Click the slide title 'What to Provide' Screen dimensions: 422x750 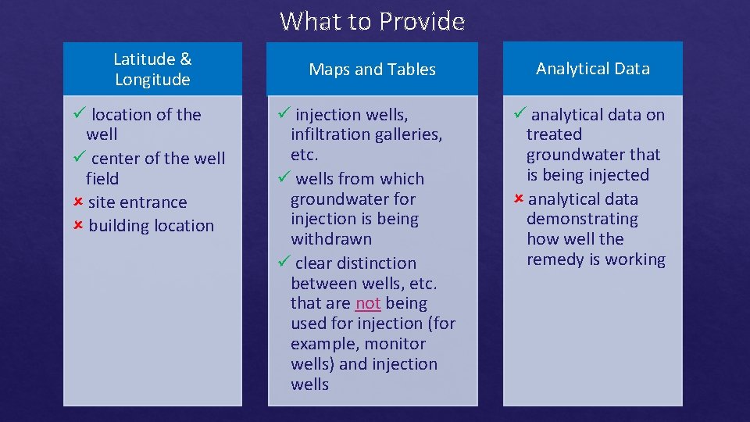coord(372,21)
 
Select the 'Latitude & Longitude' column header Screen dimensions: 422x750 coord(152,69)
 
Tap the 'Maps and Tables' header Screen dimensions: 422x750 coord(372,70)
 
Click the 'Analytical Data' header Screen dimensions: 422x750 coord(593,69)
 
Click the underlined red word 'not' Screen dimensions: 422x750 coord(367,303)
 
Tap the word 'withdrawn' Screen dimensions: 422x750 coord(331,239)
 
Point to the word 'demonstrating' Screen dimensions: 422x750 coord(582,220)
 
